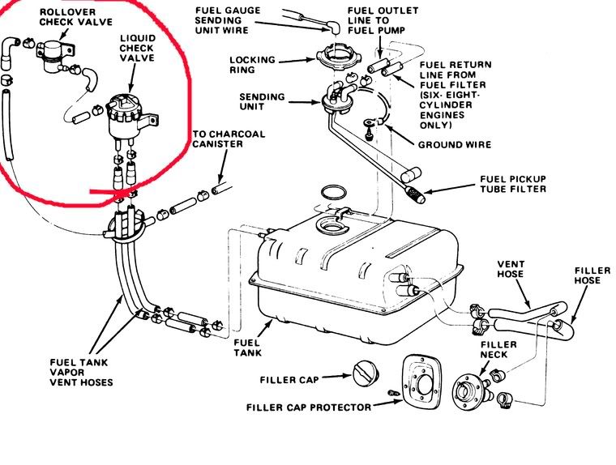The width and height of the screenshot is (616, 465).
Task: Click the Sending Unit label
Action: click(x=261, y=100)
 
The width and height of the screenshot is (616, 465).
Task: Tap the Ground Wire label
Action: click(x=454, y=145)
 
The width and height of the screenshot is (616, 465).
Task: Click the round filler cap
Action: click(x=363, y=375)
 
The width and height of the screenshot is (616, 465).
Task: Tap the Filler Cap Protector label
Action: click(x=309, y=407)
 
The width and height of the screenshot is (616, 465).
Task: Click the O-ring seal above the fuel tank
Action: click(x=333, y=194)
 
